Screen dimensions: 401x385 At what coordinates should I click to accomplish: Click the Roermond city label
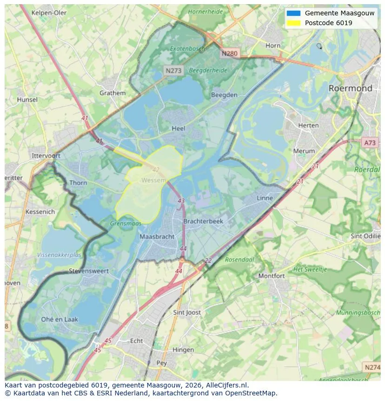click(350, 88)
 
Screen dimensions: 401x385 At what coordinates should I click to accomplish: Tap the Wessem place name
click(153, 180)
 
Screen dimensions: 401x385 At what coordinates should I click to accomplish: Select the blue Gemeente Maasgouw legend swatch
click(294, 14)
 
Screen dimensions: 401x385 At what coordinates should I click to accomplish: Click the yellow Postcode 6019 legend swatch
click(294, 23)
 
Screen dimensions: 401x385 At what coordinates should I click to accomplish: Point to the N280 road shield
click(229, 54)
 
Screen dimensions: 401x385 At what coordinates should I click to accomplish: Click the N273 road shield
click(174, 70)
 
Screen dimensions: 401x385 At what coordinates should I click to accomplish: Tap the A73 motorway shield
click(369, 143)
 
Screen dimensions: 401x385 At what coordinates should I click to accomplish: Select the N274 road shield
click(372, 367)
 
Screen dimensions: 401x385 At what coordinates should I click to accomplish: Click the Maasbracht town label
click(157, 237)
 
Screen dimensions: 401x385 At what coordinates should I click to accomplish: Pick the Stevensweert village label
click(89, 271)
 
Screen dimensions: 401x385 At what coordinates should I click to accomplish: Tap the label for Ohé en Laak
click(60, 319)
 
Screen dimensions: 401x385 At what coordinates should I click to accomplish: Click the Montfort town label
click(272, 276)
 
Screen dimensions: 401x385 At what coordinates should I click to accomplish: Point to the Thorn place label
click(78, 183)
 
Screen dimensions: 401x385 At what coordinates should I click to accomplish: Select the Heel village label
click(178, 129)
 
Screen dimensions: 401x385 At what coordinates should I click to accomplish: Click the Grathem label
click(113, 93)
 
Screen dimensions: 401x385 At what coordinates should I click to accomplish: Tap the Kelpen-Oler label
click(49, 13)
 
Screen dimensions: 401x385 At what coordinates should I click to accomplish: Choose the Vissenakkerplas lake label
click(59, 255)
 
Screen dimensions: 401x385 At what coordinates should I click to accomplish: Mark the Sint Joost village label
click(187, 313)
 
